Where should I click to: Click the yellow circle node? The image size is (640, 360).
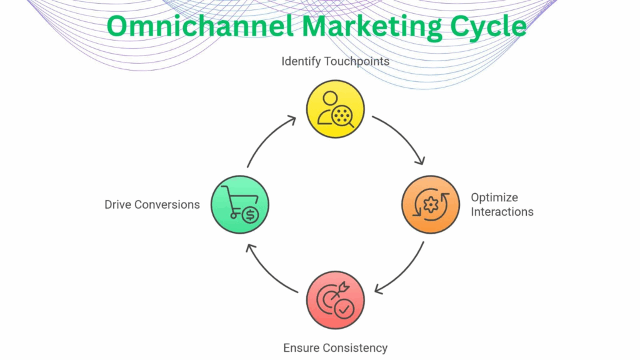pyautogui.click(x=335, y=109)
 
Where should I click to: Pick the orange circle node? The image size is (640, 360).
pyautogui.click(x=430, y=204)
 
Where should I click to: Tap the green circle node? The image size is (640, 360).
pyautogui.click(x=240, y=204)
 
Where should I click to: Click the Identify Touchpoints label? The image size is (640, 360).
pyautogui.click(x=335, y=61)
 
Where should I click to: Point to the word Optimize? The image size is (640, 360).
pyautogui.click(x=494, y=197)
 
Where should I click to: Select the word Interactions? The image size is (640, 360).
pyautogui.click(x=502, y=212)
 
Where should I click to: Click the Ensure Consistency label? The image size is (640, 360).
pyautogui.click(x=335, y=348)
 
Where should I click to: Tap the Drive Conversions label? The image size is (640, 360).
pyautogui.click(x=152, y=204)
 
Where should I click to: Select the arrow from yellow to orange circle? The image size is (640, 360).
pyautogui.click(x=400, y=139)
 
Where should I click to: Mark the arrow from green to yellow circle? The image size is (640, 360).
pyautogui.click(x=269, y=139)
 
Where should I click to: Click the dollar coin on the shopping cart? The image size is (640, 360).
pyautogui.click(x=249, y=214)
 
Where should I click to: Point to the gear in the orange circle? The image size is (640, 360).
pyautogui.click(x=430, y=205)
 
